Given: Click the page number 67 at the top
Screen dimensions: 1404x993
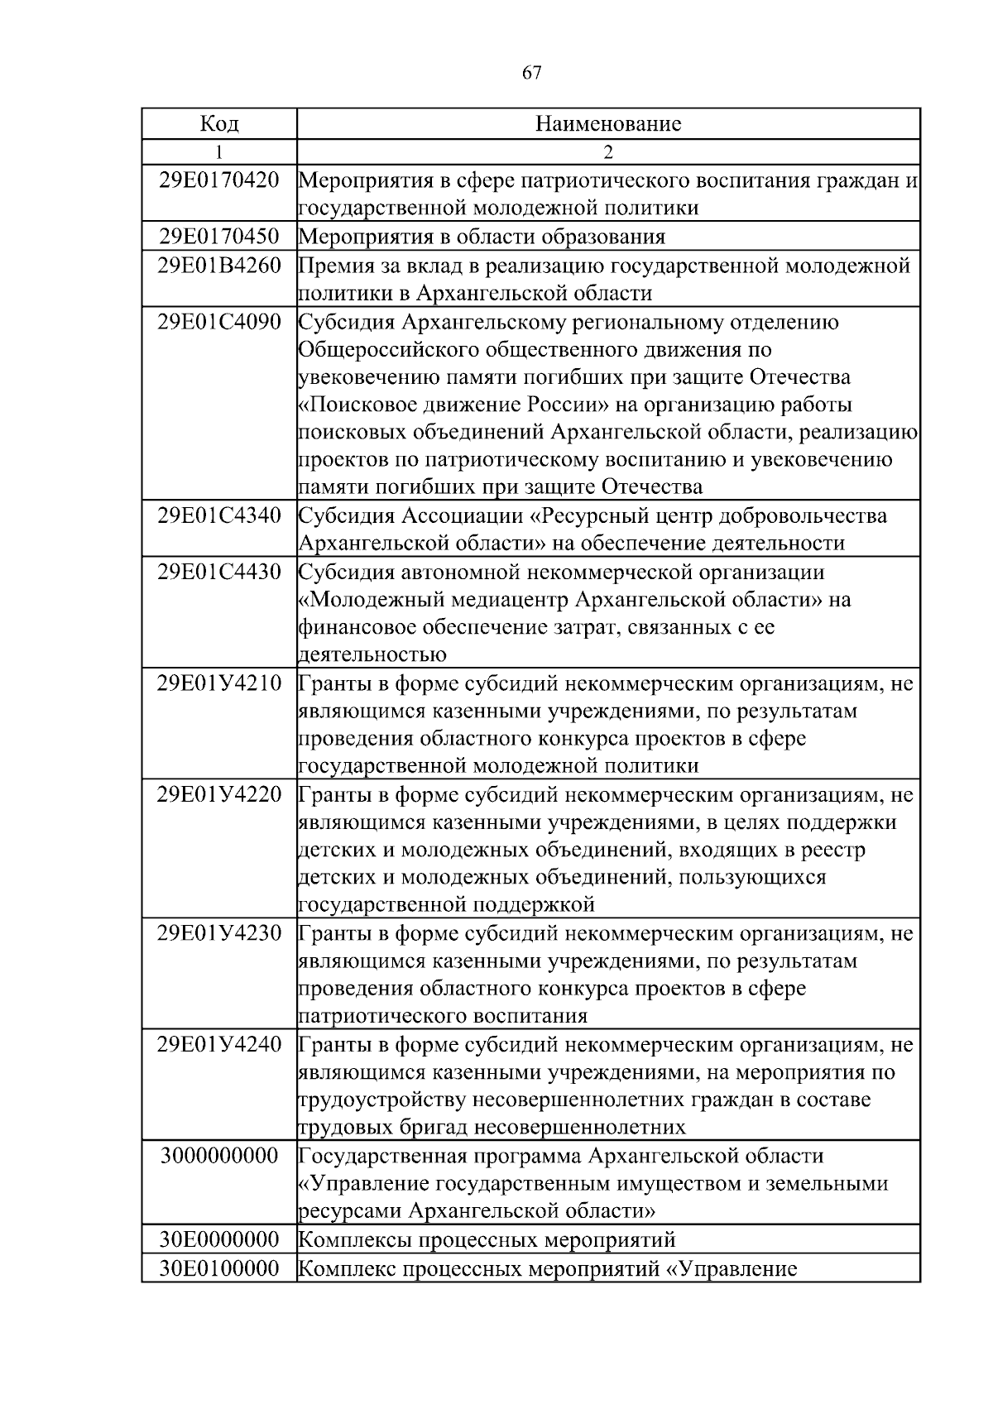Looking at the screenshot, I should [532, 73].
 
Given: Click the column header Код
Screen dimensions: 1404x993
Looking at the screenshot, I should [219, 124].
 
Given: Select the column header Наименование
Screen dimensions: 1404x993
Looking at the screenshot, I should [608, 124].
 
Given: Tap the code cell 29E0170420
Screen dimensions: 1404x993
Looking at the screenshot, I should [219, 180].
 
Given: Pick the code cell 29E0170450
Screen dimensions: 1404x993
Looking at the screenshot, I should [219, 237].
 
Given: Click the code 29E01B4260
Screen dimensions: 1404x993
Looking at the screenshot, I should [219, 266].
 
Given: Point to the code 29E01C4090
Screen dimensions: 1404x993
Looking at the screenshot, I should [219, 322].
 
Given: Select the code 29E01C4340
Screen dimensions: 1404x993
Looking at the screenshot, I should [219, 515].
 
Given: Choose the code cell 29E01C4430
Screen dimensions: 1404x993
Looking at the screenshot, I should [219, 572].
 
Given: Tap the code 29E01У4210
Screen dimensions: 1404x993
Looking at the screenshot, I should [219, 683].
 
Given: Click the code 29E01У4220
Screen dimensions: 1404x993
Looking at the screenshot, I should [219, 795].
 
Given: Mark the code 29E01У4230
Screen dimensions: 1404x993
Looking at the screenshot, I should [219, 933].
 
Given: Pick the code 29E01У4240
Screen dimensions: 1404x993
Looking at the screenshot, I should [219, 1045].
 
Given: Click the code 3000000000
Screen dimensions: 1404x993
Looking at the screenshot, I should [219, 1156].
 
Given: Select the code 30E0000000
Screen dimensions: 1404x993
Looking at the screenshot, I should [219, 1239].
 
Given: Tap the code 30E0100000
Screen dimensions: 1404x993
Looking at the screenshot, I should [219, 1268].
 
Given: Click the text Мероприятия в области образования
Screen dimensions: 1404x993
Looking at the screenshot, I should [482, 237].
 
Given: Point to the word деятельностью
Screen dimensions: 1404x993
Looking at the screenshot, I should [372, 655].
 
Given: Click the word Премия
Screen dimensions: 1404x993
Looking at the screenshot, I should [330, 266].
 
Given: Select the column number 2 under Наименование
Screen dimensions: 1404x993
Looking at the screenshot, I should [608, 152].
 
